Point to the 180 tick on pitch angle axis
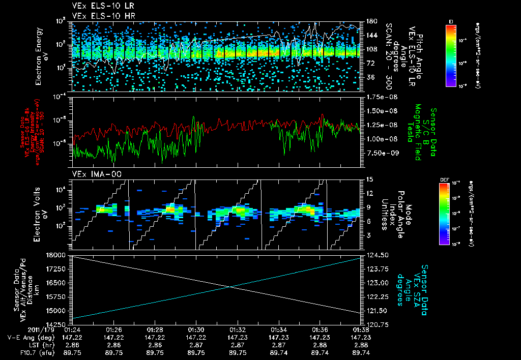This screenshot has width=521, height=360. coord(370,21)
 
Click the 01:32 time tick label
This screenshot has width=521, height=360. coord(238,329)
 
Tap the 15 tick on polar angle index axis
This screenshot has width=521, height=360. coord(369,179)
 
